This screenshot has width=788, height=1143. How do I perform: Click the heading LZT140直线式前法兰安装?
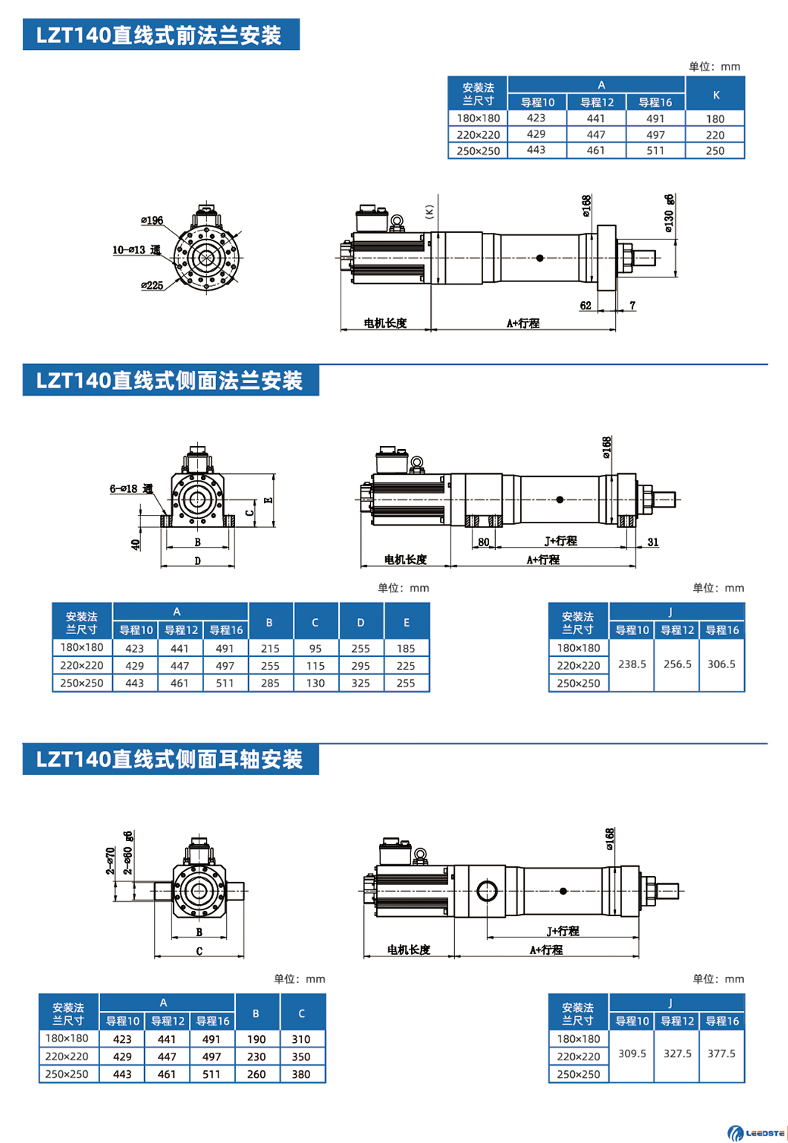[x=160, y=36]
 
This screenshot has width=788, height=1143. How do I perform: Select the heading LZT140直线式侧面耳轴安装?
[x=170, y=759]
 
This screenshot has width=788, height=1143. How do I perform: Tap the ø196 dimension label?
[x=152, y=221]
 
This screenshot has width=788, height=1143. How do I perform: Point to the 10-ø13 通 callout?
[x=137, y=250]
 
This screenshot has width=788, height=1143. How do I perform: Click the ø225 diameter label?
[x=152, y=285]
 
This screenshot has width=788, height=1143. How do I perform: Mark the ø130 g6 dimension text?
[x=669, y=212]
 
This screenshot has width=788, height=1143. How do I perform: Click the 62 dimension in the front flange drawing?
[x=586, y=306]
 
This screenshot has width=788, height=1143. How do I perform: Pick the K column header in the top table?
[x=716, y=95]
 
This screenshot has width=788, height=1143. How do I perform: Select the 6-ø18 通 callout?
[x=131, y=489]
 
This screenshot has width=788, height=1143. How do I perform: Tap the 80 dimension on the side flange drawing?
[x=484, y=542]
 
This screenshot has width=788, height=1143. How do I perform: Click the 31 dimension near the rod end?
[x=653, y=542]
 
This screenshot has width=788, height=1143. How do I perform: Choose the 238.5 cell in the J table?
[x=632, y=664]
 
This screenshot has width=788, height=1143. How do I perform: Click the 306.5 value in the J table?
[x=721, y=664]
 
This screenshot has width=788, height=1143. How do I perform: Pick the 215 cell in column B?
[x=270, y=648]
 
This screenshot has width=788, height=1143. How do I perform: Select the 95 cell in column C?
[x=316, y=648]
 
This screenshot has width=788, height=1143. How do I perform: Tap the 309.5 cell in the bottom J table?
[x=632, y=1054]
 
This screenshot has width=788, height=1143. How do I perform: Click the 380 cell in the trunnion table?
[x=301, y=1074]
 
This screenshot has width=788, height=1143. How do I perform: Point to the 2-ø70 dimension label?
[x=111, y=861]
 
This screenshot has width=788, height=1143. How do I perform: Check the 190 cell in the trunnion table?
[x=256, y=1039]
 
